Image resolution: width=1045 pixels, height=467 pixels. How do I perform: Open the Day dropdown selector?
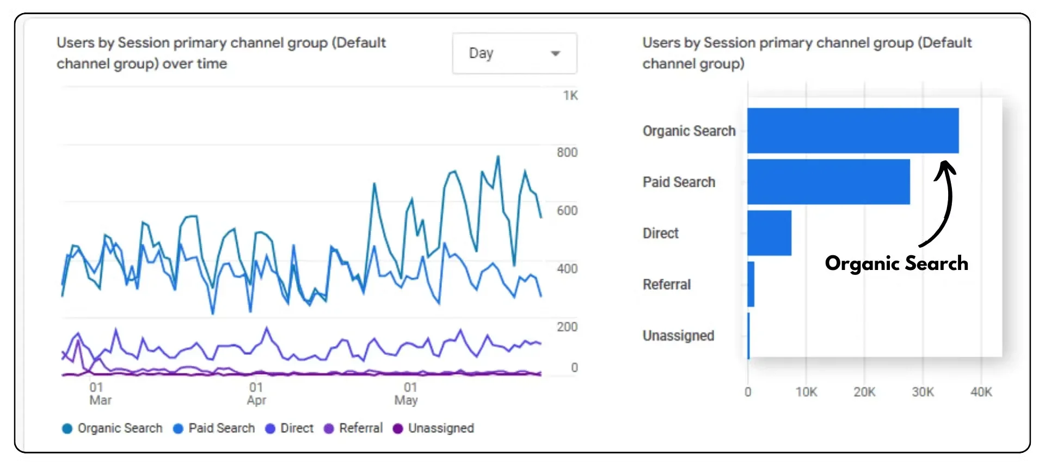514,53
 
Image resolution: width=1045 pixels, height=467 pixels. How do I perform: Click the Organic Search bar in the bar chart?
852,131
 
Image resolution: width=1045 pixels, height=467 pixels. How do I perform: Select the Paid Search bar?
828,182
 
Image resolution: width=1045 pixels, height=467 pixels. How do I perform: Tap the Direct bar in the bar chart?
769,233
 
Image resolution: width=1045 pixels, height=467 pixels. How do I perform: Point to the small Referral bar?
751,284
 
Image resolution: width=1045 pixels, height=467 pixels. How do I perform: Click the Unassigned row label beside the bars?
678,336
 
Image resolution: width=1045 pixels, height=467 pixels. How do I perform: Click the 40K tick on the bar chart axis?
981,392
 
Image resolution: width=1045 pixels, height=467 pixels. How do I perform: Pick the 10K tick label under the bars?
806,392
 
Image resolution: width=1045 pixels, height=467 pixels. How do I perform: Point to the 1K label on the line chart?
570,96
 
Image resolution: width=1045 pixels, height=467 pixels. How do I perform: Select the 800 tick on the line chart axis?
567,153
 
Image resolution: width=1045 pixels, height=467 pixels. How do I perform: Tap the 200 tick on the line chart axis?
567,327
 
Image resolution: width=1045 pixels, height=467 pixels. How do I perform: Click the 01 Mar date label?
100,394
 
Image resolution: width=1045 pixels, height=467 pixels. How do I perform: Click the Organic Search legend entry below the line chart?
113,428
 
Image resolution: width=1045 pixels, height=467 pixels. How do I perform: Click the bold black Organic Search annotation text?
896,263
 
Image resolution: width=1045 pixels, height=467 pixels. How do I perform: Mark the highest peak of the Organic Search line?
497,157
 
